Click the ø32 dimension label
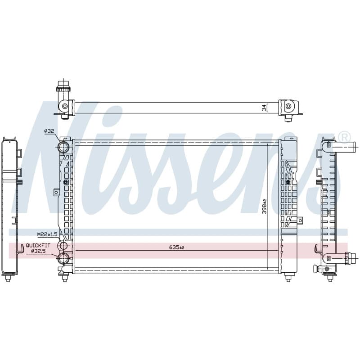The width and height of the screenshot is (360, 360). point(49,131)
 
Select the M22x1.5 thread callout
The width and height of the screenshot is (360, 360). point(47,234)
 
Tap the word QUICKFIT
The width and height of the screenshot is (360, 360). point(38,245)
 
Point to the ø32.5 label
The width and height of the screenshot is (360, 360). point(39,251)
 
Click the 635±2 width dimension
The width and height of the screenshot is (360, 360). point(176,247)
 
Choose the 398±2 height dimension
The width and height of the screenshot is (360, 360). point(265,207)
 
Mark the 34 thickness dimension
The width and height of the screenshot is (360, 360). point(264,108)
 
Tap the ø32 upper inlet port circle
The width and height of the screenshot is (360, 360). point(63,147)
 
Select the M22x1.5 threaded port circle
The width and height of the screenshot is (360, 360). point(63,246)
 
